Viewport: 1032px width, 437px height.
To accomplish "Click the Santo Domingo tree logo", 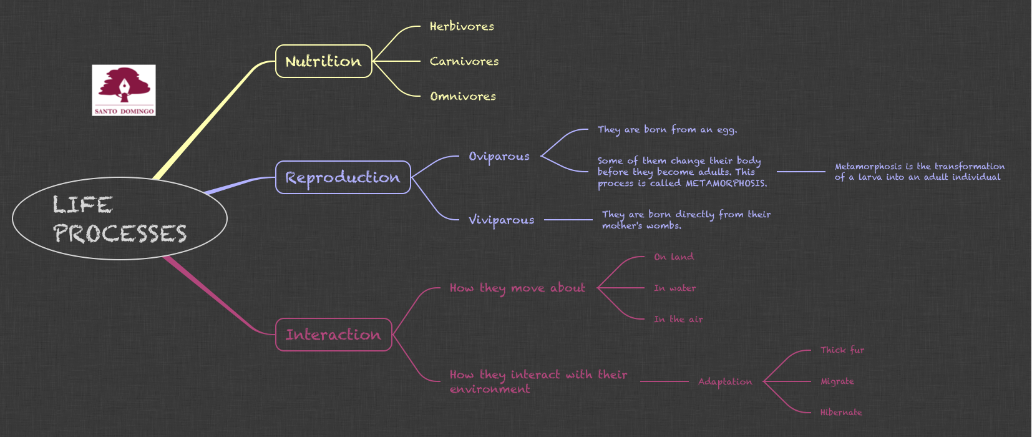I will coord(124,90).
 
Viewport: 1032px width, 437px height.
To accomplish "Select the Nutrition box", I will coord(323,61).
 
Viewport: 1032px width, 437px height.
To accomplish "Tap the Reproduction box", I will coord(343,177).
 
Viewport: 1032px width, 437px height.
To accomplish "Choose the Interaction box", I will coord(333,335).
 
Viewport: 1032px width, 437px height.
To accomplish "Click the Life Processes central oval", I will coord(119,219).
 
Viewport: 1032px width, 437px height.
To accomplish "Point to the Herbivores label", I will coord(462,26).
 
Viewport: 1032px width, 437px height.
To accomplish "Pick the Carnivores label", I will coord(464,61).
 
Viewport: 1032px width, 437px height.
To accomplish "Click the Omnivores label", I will coord(463,96).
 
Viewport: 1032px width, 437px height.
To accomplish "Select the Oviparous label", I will coord(499,156).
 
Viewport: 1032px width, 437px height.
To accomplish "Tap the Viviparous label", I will coord(502,220).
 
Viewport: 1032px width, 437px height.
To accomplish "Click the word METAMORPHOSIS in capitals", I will coord(726,184).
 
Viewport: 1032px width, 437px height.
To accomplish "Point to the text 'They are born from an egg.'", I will coord(667,130).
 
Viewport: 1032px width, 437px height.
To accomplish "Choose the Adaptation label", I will coord(725,381).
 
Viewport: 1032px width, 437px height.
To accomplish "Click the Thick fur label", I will coord(842,350).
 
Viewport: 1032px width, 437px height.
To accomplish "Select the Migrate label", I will coord(837,381).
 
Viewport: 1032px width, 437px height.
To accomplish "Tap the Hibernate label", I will coord(841,413).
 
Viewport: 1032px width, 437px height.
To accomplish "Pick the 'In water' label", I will coord(674,288).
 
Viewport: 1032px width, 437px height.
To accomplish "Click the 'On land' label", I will coord(673,257).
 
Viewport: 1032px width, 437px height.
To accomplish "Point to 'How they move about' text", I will coord(517,288).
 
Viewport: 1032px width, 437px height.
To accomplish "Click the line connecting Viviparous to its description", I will coord(568,220).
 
